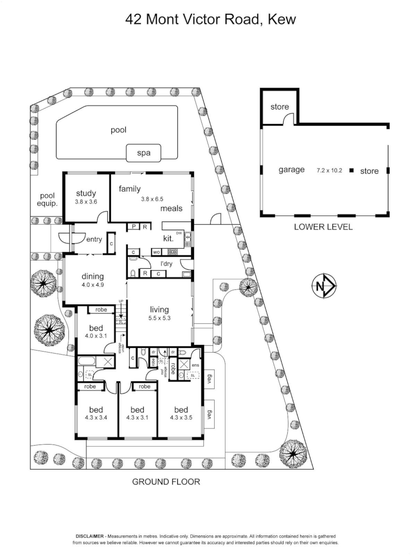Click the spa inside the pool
point(143,153)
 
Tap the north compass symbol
point(324,286)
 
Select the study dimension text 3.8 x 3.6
point(86,202)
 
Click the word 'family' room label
point(129,189)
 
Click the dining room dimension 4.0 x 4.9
point(92,285)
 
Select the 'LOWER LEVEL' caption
point(323,227)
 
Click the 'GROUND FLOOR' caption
point(166,482)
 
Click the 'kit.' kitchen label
point(168,238)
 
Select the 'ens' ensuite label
point(195,365)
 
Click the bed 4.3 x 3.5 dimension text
point(181,418)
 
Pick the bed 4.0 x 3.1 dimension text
point(96,337)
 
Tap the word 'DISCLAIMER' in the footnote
point(90,535)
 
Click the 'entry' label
point(94,239)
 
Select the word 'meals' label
point(172,209)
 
